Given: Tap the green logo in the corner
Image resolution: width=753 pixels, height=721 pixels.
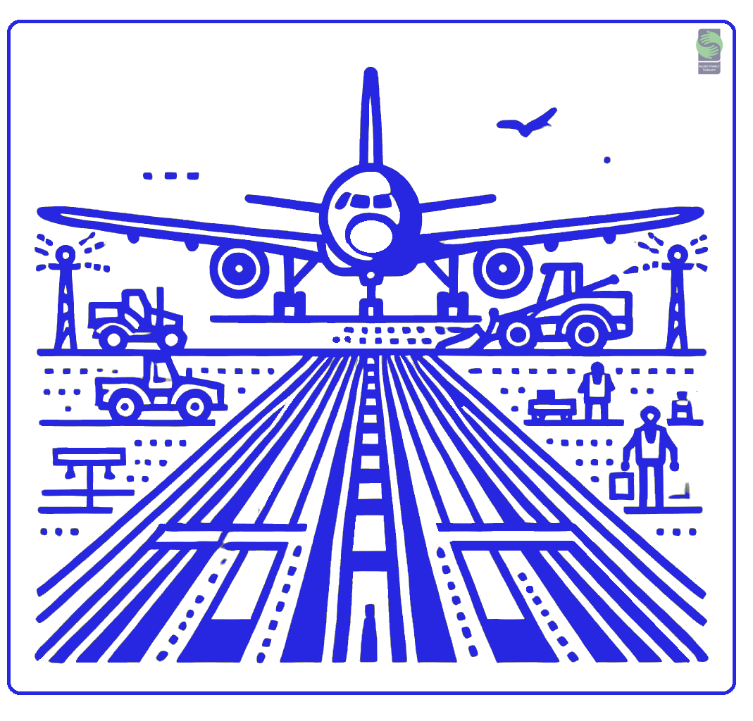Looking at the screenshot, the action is coord(709,45).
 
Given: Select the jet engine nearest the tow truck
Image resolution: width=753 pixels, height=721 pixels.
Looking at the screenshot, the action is coord(502,268).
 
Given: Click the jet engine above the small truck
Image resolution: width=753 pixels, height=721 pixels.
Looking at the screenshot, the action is coord(239,268).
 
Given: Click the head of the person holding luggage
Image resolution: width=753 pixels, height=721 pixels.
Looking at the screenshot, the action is coord(649,415).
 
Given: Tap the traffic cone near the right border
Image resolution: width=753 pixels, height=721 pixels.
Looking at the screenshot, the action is coord(681,408).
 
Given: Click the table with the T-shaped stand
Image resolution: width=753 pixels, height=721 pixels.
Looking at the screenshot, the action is coord(89,465).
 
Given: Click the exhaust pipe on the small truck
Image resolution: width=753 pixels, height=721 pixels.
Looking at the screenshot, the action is coord(161,300).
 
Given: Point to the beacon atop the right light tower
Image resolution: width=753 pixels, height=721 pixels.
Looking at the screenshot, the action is coord(677,254).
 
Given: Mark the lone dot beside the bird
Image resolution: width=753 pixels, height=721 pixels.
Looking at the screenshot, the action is coord(607,160).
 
